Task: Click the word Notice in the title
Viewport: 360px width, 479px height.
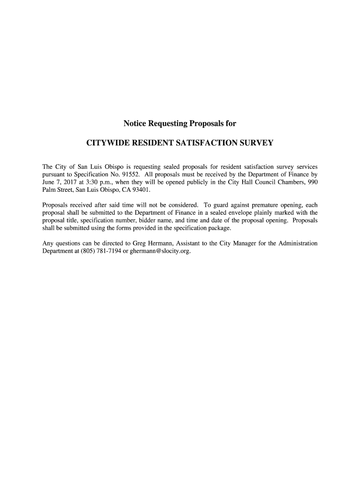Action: [x=135, y=124]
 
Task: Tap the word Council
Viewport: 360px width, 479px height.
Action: [x=265, y=182]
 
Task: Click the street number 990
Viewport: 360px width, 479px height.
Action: [x=312, y=182]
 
